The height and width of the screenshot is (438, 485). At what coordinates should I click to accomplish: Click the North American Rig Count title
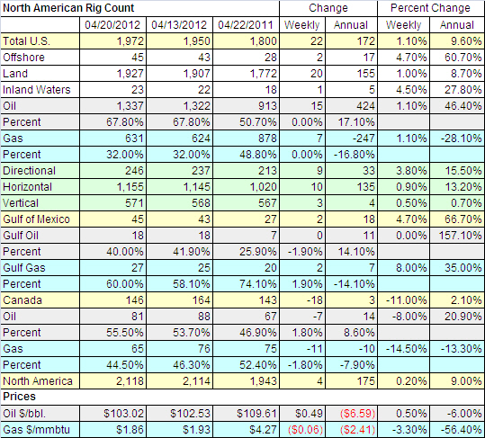(68, 8)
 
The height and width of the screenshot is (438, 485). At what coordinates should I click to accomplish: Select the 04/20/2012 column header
(112, 24)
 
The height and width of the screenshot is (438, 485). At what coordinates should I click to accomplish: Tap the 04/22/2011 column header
(246, 24)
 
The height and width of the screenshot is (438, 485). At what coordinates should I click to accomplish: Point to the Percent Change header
(430, 8)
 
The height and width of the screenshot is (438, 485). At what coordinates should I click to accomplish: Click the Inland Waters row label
(37, 90)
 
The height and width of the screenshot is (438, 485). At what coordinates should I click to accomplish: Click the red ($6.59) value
(357, 414)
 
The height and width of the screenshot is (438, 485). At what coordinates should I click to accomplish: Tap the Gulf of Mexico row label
(37, 219)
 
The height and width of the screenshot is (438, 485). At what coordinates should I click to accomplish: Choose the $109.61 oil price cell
(256, 414)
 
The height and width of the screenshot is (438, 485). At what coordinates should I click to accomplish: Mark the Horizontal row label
(28, 187)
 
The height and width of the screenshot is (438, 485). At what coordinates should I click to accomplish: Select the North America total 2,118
(130, 381)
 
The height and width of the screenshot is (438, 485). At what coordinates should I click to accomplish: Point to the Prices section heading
(19, 397)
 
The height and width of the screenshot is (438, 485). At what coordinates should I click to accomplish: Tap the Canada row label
(22, 300)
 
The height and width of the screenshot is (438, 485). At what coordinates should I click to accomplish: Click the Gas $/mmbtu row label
(37, 430)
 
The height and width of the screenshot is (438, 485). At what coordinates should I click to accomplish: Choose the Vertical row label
(21, 203)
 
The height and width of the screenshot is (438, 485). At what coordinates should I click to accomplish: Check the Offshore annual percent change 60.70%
(463, 58)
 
